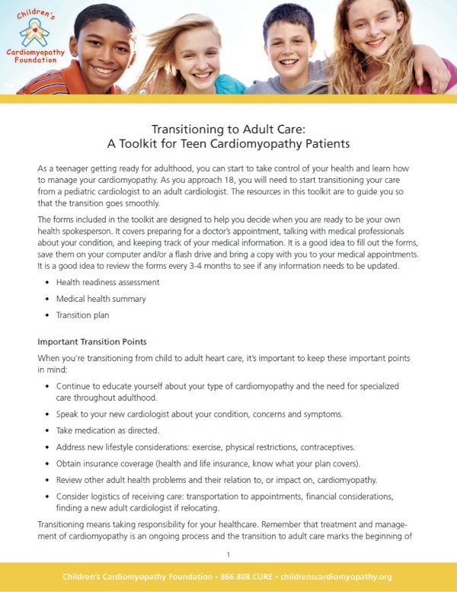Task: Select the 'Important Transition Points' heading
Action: (91, 341)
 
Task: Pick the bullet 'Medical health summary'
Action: (101, 298)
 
